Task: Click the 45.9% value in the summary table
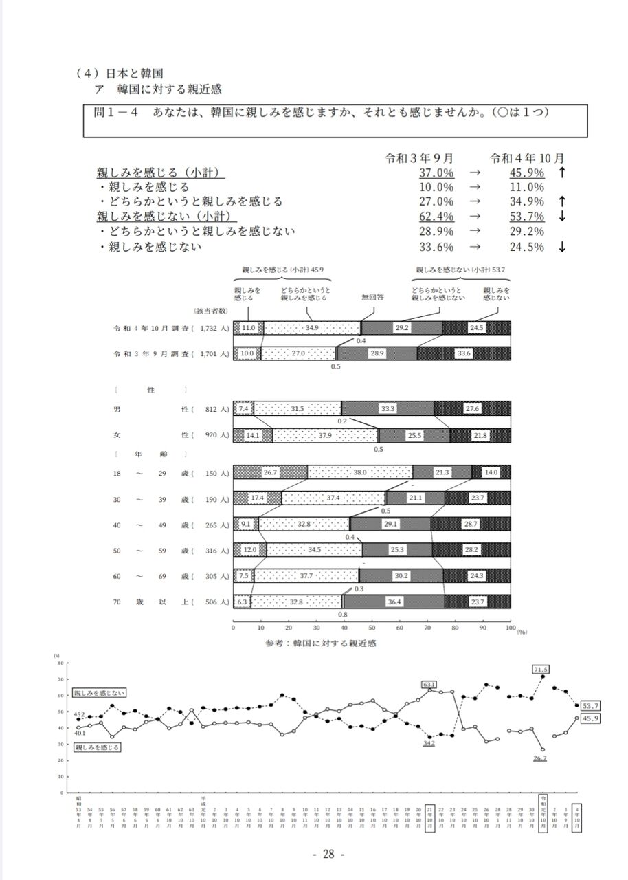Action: coord(526,172)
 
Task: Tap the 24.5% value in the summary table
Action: coord(526,247)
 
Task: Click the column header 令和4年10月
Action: coord(527,157)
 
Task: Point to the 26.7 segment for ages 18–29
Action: coord(270,472)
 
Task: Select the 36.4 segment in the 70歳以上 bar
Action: coord(394,602)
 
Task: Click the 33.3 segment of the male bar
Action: coord(388,408)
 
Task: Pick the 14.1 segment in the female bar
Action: coord(253,434)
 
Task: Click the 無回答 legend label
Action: coord(373,298)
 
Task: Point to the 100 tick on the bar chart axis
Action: coord(510,628)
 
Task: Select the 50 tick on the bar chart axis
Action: coord(372,628)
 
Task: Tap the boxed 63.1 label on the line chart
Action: coord(429,684)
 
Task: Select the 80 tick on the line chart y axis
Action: coord(60,663)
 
